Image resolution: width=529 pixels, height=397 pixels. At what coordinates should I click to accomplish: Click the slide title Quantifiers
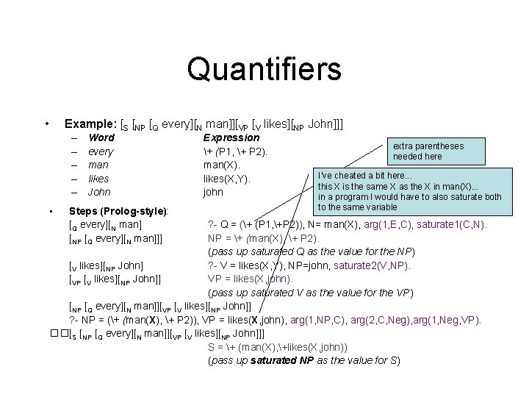click(264, 69)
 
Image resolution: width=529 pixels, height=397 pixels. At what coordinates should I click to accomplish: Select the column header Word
click(101, 137)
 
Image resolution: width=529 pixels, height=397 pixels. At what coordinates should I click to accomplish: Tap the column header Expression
click(231, 137)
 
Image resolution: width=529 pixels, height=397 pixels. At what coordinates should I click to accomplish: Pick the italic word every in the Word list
click(101, 151)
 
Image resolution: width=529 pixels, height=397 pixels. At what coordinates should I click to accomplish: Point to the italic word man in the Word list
click(98, 165)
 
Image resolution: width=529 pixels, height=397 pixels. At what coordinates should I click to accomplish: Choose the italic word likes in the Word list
click(98, 179)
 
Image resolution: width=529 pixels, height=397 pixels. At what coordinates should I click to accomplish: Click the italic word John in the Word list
click(99, 192)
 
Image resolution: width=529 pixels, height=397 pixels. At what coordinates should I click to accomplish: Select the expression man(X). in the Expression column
click(221, 165)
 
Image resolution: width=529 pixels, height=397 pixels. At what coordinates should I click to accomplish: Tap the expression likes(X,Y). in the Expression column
click(227, 179)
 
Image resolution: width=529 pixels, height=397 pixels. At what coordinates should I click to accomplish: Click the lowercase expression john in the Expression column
click(214, 192)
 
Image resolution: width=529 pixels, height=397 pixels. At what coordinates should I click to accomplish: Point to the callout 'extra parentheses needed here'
click(428, 151)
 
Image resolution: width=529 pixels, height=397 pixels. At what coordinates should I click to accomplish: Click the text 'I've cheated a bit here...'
click(364, 176)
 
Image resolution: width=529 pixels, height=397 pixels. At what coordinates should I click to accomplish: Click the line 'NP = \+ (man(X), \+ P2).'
click(263, 238)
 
